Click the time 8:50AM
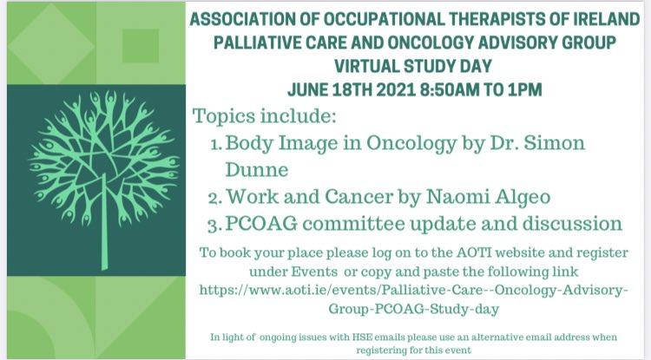point(457,88)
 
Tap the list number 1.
point(215,142)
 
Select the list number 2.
point(215,195)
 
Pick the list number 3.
point(215,223)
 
